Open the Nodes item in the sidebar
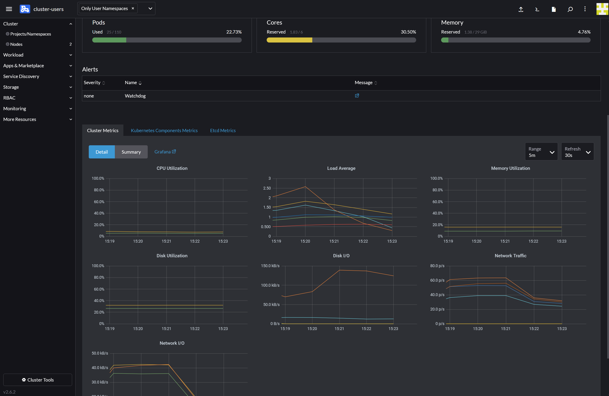point(16,44)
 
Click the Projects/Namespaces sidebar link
point(30,34)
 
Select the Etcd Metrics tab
point(223,130)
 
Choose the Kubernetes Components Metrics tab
point(164,130)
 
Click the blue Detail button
point(102,152)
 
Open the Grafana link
point(165,152)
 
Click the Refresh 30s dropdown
point(577,152)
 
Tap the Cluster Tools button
point(38,380)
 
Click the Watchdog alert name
point(135,96)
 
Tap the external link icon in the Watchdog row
point(357,96)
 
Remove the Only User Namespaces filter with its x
point(133,9)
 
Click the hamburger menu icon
point(9,9)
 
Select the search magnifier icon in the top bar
point(570,9)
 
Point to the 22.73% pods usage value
point(234,32)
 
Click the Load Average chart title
point(341,168)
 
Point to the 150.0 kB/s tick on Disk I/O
point(270,266)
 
